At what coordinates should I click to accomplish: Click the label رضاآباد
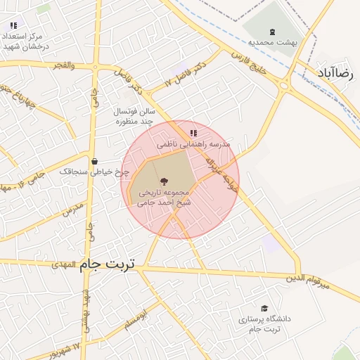[x=338, y=72]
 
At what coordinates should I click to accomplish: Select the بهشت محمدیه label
[x=272, y=42]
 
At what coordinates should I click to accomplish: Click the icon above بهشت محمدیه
[x=272, y=31]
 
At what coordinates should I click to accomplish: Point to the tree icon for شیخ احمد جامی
[x=164, y=181]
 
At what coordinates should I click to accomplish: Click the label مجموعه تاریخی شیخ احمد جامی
[x=164, y=195]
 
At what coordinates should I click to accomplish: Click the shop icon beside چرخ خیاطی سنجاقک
[x=94, y=162]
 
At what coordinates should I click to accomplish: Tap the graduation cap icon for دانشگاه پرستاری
[x=264, y=309]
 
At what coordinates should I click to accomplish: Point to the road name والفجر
[x=62, y=65]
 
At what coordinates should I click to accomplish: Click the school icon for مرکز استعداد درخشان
[x=13, y=25]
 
